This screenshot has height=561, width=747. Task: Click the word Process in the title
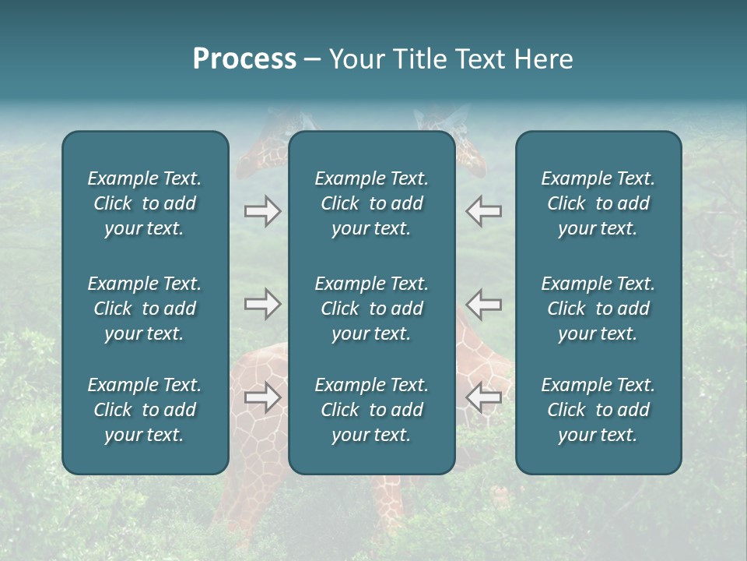[x=244, y=59]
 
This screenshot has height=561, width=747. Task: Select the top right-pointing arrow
[x=262, y=211]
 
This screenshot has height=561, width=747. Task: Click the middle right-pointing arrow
[x=262, y=304]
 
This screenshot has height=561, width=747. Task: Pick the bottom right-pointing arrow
[x=262, y=397]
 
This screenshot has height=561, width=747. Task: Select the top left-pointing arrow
[x=484, y=211]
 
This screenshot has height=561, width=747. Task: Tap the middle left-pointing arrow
[x=484, y=304]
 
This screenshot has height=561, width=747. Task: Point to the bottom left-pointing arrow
[x=484, y=397]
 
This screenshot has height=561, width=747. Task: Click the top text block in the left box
[x=145, y=203]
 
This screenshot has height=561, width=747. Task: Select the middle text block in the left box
[x=145, y=309]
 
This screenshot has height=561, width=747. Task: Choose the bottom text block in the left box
[x=145, y=410]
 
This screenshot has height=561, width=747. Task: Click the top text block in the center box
[x=372, y=203]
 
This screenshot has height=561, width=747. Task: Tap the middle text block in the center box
[x=372, y=309]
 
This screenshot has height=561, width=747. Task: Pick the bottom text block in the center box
[x=372, y=410]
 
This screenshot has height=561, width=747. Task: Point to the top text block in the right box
[x=598, y=203]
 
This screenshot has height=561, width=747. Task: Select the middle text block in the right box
[x=598, y=309]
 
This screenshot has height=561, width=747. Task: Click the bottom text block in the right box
[x=598, y=410]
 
